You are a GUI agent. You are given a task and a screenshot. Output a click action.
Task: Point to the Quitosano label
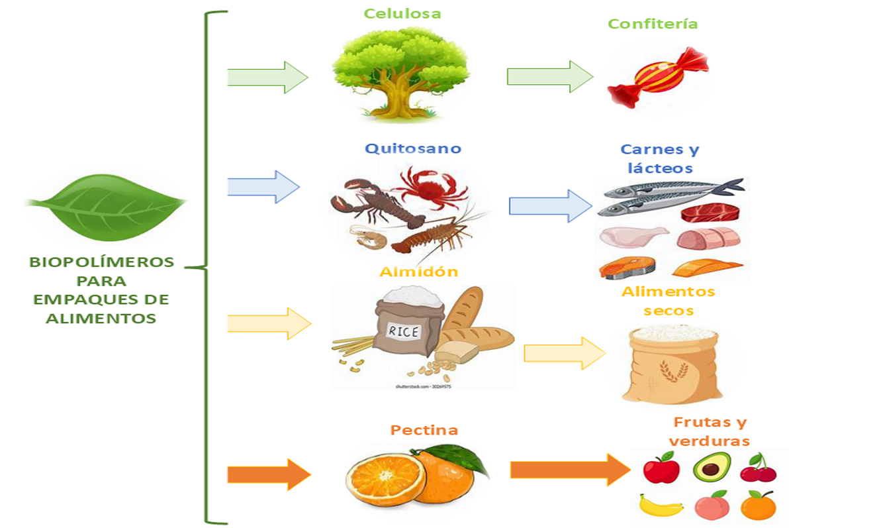point(412,148)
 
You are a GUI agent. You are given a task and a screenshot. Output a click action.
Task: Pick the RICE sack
point(403,325)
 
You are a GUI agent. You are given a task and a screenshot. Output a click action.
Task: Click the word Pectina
point(424,430)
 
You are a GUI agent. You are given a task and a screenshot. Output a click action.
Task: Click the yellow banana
point(661,507)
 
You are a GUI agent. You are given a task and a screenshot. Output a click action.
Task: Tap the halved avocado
point(712,467)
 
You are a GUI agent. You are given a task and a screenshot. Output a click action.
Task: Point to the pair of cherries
point(759,468)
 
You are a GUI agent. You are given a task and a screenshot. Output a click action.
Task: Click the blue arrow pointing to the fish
point(550,206)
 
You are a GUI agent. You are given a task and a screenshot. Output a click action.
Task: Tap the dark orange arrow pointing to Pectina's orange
point(268,474)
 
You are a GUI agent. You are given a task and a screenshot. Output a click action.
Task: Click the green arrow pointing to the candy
point(549,77)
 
